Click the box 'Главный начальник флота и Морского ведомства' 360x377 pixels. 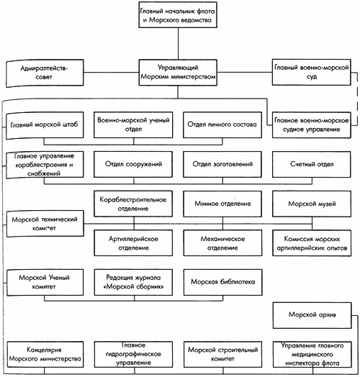pyautogui.click(x=178, y=15)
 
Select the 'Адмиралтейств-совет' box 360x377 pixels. pyautogui.click(x=45, y=73)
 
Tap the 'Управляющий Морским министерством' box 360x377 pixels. pyautogui.click(x=178, y=73)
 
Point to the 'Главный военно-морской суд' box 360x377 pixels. pyautogui.click(x=311, y=72)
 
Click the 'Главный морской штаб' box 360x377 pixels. pyautogui.click(x=45, y=125)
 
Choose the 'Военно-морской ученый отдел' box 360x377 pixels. pyautogui.click(x=133, y=124)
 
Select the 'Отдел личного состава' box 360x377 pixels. pyautogui.click(x=222, y=124)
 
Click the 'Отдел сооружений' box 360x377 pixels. pyautogui.click(x=133, y=164)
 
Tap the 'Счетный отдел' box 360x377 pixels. pyautogui.click(x=312, y=164)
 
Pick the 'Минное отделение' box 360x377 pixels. pyautogui.click(x=222, y=204)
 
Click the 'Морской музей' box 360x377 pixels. pyautogui.click(x=312, y=204)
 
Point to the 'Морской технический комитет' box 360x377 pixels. pyautogui.click(x=45, y=224)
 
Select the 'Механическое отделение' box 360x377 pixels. pyautogui.click(x=222, y=243)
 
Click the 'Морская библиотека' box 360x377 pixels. pyautogui.click(x=222, y=282)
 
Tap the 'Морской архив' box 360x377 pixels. pyautogui.click(x=312, y=315)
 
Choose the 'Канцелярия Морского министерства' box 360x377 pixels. pyautogui.click(x=45, y=355)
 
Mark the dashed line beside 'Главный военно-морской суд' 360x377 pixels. pyautogui.click(x=357, y=99)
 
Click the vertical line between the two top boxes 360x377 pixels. pyautogui.click(x=178, y=43)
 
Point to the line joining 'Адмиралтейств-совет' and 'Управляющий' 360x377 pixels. pyautogui.click(x=111, y=72)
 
